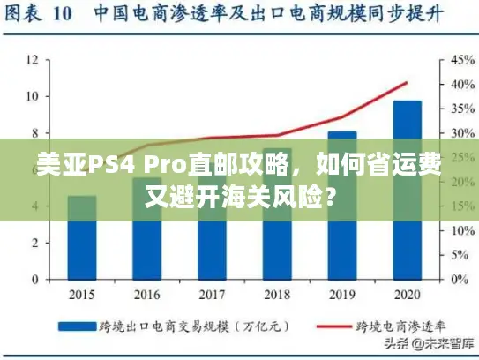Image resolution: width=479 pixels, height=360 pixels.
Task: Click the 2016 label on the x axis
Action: [x=146, y=294]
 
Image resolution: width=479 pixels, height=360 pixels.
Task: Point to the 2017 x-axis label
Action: [x=212, y=294]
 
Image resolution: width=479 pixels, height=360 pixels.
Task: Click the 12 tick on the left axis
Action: [x=31, y=60]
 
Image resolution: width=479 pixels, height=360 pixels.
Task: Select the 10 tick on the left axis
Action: [x=31, y=96]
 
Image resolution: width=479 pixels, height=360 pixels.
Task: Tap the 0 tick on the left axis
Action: [x=34, y=280]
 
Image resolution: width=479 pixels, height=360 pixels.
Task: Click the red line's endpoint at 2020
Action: [x=407, y=83]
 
